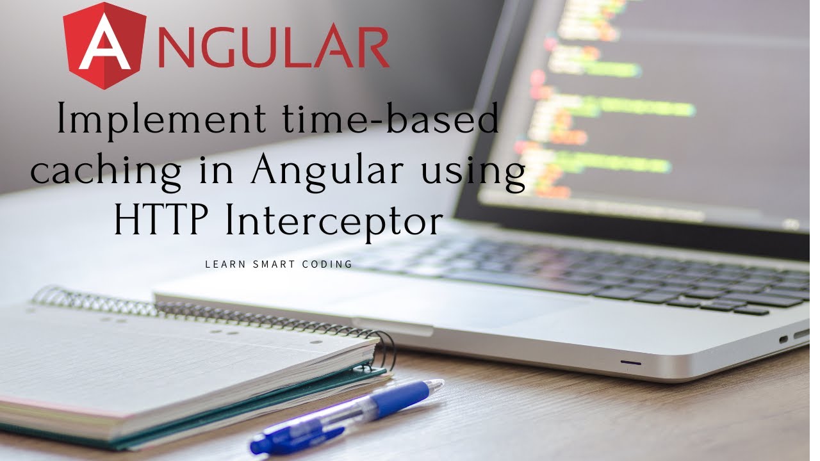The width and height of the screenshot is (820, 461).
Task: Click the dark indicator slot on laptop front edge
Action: [631, 363]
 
